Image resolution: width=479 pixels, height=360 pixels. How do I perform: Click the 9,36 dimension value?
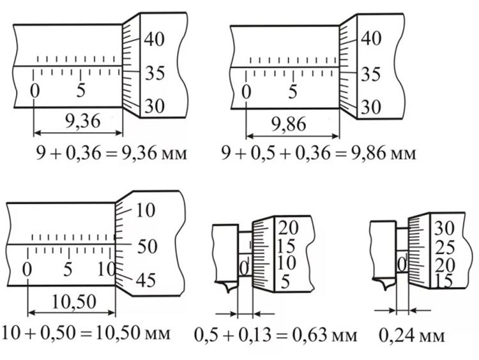point(82,121)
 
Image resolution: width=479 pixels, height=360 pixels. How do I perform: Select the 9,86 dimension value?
point(289,124)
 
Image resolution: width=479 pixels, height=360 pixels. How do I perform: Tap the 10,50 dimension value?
point(74,302)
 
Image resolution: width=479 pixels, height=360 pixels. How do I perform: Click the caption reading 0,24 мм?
point(411,335)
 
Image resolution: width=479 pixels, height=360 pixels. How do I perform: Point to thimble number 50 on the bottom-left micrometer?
point(147,247)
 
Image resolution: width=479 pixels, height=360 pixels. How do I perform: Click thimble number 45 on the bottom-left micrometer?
point(146,280)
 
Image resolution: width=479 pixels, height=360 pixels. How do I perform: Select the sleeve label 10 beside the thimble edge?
point(105,269)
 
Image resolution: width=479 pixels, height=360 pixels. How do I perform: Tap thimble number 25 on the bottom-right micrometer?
point(445,247)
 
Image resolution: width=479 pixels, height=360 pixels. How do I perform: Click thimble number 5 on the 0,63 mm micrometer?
point(285,282)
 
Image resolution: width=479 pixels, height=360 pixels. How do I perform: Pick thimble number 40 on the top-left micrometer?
point(155,39)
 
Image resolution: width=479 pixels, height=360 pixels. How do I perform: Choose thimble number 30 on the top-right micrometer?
point(371,107)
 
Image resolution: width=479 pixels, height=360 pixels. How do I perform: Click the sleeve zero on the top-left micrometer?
point(35,91)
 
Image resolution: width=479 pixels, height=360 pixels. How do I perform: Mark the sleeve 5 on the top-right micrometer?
point(293,91)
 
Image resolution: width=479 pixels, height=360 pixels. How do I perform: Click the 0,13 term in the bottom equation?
point(255,335)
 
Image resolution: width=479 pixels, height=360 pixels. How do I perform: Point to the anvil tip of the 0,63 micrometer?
point(229,292)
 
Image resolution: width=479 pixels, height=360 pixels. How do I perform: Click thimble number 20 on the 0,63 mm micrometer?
point(288,228)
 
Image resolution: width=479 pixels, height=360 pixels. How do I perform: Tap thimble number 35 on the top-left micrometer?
point(155,73)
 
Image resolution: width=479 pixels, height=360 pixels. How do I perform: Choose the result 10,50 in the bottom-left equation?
point(118,333)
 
